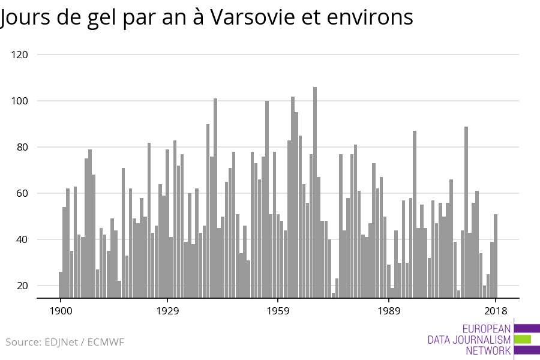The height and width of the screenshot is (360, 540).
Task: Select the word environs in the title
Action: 374,17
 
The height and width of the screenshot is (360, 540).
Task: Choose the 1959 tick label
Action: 278,311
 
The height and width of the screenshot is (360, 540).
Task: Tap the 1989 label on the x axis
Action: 389,311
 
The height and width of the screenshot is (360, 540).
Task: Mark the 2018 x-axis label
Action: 496,311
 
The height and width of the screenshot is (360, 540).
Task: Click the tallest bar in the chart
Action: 315,192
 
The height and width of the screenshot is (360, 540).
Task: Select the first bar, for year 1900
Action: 61,285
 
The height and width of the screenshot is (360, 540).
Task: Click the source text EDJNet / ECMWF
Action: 65,342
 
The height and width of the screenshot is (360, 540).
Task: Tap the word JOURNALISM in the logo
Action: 485,340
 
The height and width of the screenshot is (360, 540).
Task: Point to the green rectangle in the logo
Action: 523,339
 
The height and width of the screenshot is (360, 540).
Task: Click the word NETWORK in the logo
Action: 488,350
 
